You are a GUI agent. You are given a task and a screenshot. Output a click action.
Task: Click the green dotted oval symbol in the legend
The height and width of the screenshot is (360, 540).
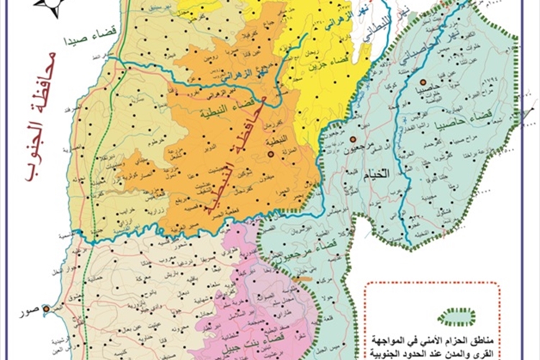(459, 315)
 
